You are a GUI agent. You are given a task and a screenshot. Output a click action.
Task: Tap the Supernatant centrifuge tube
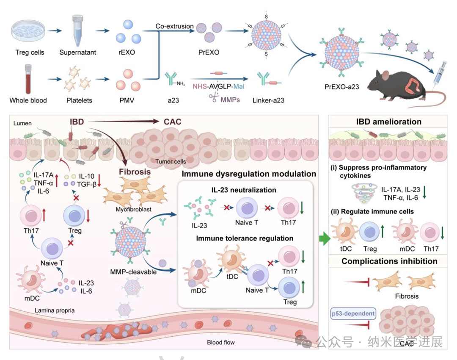[77, 30]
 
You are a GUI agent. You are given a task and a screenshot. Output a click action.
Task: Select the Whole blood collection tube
[28, 79]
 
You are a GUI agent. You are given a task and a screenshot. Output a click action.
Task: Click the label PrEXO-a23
[341, 87]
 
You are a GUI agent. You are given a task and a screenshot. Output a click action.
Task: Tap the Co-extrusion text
[174, 26]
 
